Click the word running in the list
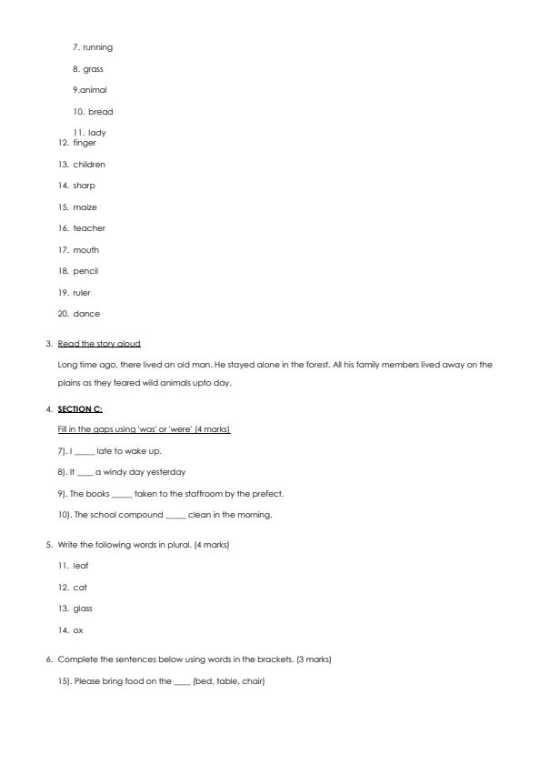[97, 47]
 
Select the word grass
[93, 68]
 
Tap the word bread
[100, 112]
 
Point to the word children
[89, 165]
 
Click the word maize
[85, 207]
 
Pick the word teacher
[89, 228]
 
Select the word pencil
[85, 271]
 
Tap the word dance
[86, 314]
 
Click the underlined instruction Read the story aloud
[99, 344]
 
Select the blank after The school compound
[175, 516]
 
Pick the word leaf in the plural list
[81, 566]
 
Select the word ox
[77, 630]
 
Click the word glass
[83, 609]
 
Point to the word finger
[85, 143]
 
